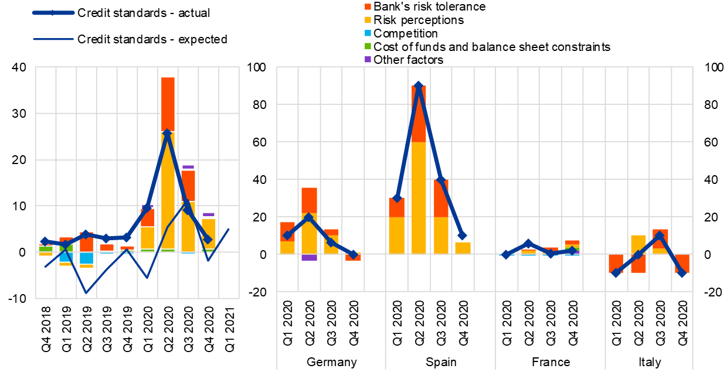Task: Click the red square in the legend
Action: pos(368,7)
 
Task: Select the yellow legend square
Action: pos(368,20)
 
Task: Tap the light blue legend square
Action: pos(368,33)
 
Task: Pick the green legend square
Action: pos(368,46)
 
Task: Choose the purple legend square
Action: pos(368,60)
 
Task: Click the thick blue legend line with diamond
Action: pos(53,12)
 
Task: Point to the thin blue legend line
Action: pos(53,39)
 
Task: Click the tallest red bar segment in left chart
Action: pos(168,104)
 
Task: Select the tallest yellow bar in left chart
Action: pos(168,190)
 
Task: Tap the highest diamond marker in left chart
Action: pos(167,133)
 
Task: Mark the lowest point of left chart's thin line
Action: pos(86,293)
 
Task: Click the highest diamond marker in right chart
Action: pos(418,86)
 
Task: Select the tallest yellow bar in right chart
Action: pos(418,197)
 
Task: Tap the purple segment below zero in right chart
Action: pos(309,258)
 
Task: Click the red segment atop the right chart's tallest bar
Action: pos(418,114)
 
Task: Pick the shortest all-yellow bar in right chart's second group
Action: pos(463,248)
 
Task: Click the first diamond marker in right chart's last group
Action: pos(616,272)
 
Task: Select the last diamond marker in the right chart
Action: pos(681,272)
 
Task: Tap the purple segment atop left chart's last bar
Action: pos(208,214)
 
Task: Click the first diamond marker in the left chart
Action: pos(45,241)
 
